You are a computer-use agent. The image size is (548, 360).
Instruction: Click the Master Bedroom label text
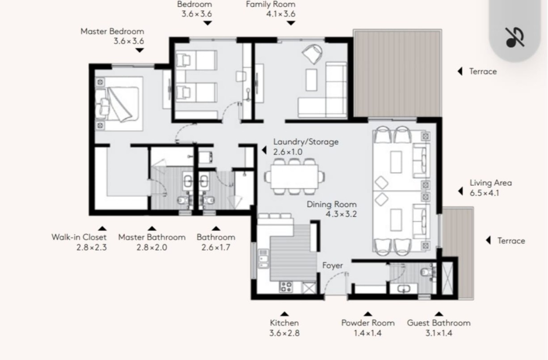pos(112,31)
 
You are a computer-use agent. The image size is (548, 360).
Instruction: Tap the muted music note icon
pos(515,38)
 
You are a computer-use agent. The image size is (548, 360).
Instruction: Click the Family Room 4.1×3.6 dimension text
pos(281,14)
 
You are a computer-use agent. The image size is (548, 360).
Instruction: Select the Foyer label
pos(333,265)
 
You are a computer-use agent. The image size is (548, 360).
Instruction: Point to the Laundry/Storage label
pos(306,142)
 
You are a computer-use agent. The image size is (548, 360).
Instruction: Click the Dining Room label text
pos(332,204)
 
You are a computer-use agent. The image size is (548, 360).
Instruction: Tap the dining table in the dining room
pos(294,177)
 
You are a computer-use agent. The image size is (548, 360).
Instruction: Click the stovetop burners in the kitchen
pos(286,287)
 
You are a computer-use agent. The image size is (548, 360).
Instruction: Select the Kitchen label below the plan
pos(284,323)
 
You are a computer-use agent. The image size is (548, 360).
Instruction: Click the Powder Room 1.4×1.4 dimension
pos(368,333)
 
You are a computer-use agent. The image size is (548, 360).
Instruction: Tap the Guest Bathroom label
pos(438,323)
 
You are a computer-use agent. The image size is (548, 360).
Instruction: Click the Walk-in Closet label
pos(79,237)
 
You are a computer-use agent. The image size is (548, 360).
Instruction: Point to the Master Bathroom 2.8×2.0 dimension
pos(152,247)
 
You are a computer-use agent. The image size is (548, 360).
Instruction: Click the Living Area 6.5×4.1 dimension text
pos(484,193)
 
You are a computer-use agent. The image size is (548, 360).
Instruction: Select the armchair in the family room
pos(312,54)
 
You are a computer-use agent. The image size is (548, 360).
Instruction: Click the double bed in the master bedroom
pos(119,104)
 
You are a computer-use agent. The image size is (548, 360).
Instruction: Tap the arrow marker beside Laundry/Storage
pos(264,150)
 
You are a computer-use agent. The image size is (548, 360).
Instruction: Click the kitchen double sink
pos(263,259)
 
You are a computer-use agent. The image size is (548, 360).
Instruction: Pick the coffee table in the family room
pos(312,80)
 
